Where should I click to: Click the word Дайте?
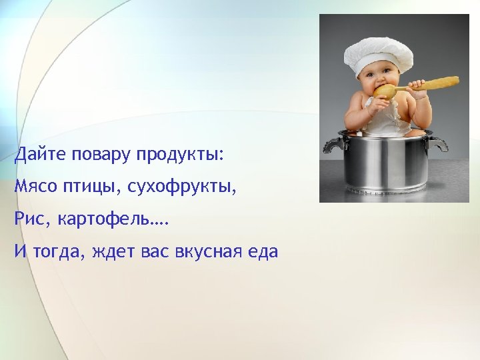(38, 155)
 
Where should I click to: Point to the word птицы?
(89, 187)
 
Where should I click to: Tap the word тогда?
(59, 253)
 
